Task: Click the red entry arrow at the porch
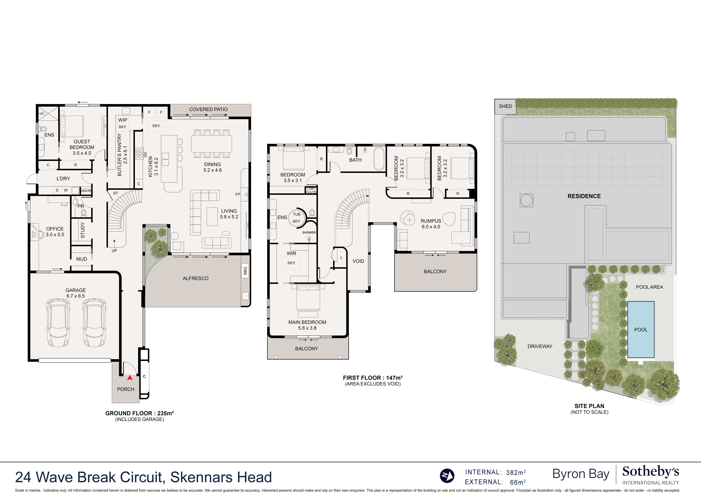pos(130,378)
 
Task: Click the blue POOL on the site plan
pos(641,330)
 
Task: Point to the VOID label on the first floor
pos(358,261)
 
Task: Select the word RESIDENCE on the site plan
pos(584,196)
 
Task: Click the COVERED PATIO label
pos(208,109)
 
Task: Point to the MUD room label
pos(82,259)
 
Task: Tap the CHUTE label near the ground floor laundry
pos(86,191)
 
